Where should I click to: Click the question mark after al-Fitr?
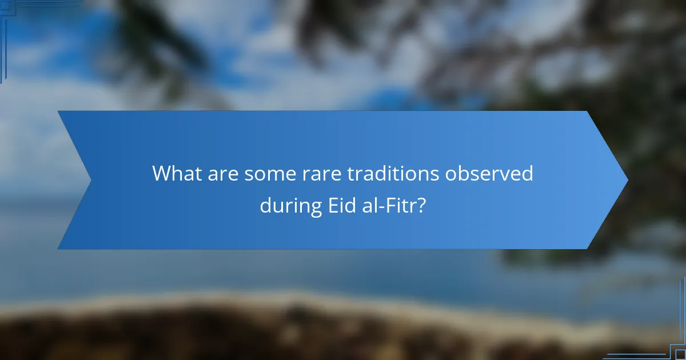420,205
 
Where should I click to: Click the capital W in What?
163,174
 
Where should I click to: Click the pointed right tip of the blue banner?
627,180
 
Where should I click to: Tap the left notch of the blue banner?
90,180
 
